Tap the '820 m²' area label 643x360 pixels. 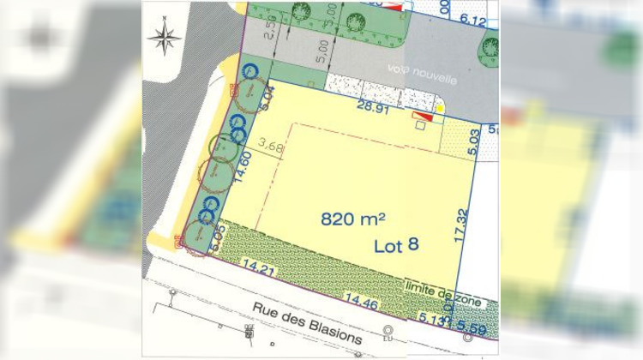[x=352, y=219]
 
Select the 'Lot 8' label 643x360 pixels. [x=396, y=245]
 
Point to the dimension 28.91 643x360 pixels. [x=374, y=107]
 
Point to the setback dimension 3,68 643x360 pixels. [x=270, y=147]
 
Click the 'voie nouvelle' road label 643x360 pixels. [x=422, y=73]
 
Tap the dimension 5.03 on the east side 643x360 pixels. [x=473, y=142]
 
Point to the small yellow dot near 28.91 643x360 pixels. [x=441, y=109]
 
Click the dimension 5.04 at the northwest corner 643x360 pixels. [x=267, y=97]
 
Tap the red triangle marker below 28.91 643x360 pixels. [x=422, y=116]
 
